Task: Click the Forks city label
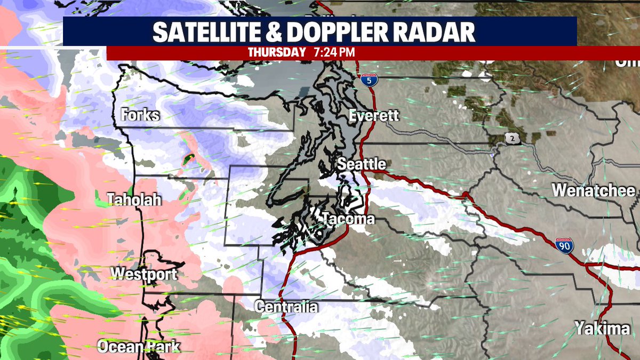click(x=140, y=115)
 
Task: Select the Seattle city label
click(x=362, y=164)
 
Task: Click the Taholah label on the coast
click(x=134, y=200)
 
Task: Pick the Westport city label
click(x=143, y=275)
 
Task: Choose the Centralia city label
click(x=286, y=307)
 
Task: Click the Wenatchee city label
click(x=594, y=190)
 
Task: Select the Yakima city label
click(x=602, y=329)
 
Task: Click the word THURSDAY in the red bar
click(x=276, y=53)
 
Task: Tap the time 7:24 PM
click(x=331, y=53)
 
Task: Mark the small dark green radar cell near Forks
click(x=188, y=158)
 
